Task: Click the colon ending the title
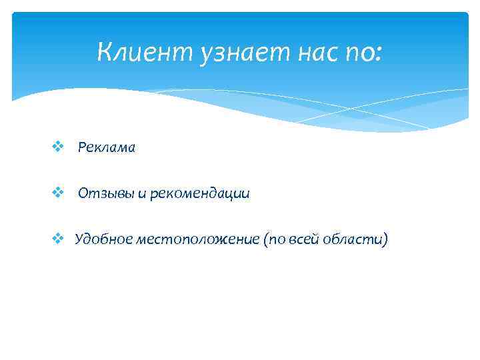(x=379, y=52)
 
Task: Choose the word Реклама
(x=106, y=148)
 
